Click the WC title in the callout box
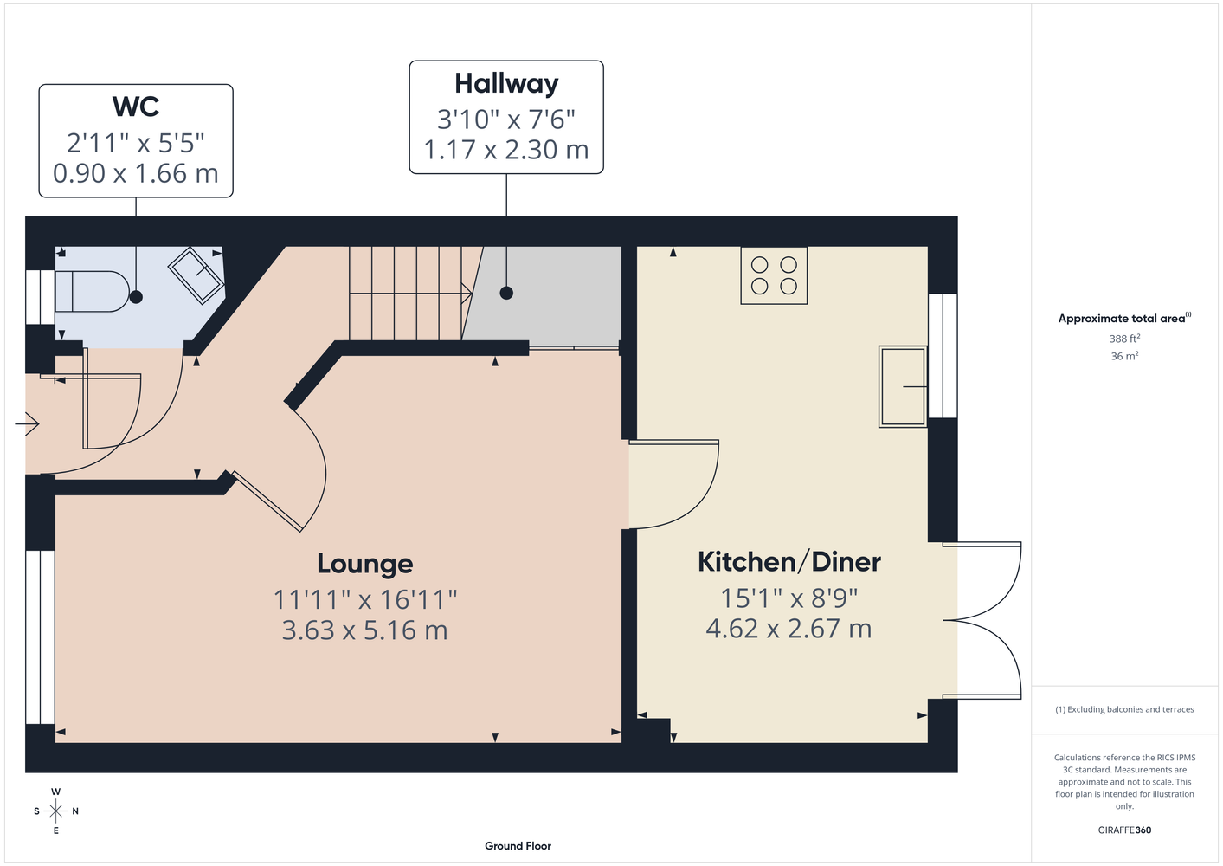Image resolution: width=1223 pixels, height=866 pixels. tap(135, 107)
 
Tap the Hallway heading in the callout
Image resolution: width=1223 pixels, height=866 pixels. tap(506, 85)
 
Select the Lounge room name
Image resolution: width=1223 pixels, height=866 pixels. tap(364, 564)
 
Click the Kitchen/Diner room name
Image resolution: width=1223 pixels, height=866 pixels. tap(789, 562)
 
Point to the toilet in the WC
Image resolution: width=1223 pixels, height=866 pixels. tap(92, 291)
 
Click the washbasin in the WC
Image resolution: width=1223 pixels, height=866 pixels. tap(196, 275)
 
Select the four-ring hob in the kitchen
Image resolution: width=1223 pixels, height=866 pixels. tap(774, 275)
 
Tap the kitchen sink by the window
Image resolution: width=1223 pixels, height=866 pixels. tap(903, 386)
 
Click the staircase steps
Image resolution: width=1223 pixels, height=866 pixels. tap(410, 294)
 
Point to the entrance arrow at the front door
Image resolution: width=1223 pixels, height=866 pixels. tap(27, 424)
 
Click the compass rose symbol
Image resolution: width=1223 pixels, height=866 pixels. tap(55, 811)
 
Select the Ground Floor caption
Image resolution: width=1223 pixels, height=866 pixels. tap(518, 846)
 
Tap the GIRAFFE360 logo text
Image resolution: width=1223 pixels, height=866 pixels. tap(1124, 830)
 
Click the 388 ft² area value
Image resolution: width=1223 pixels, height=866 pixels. tap(1124, 339)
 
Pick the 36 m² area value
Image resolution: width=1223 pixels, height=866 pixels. tap(1124, 356)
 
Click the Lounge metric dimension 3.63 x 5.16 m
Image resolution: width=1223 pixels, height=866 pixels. tap(364, 630)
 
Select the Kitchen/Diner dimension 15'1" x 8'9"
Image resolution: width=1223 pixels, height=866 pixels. tap(789, 598)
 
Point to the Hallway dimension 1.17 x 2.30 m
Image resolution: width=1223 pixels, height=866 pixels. tap(506, 150)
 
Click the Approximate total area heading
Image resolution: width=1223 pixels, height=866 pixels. tap(1124, 318)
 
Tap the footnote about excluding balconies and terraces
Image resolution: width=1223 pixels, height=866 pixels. tap(1124, 709)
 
